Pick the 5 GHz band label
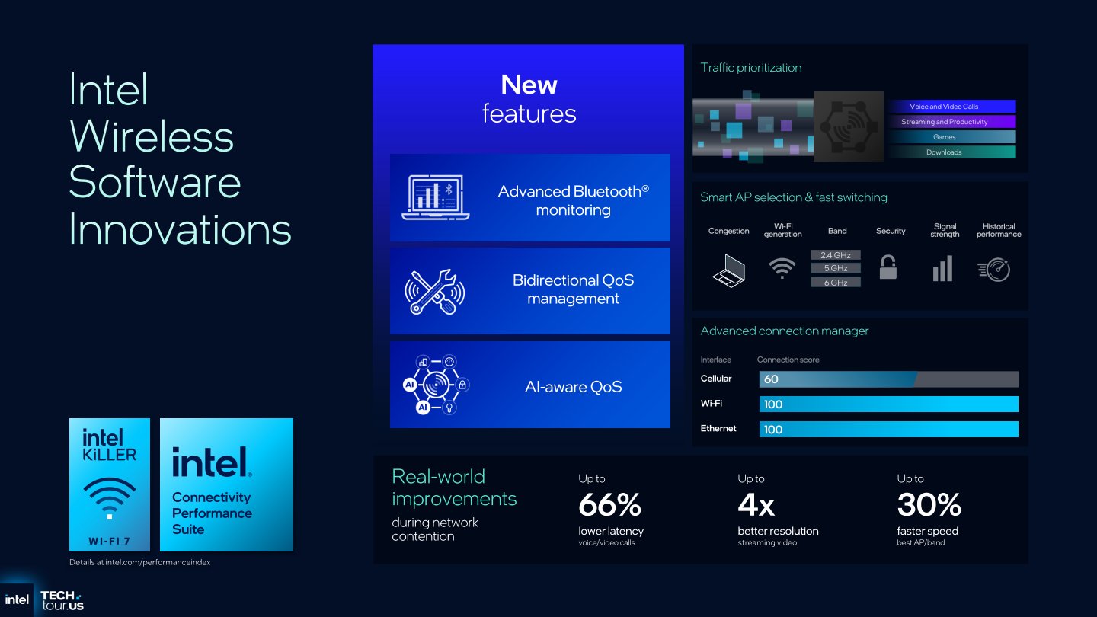click(x=836, y=268)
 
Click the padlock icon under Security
click(x=888, y=267)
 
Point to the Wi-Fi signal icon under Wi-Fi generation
click(x=782, y=268)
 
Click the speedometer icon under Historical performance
click(x=994, y=270)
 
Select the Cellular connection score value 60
click(x=771, y=379)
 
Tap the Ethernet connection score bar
click(x=888, y=429)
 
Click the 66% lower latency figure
click(x=609, y=504)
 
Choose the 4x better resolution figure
click(x=756, y=504)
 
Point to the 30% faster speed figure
click(x=929, y=504)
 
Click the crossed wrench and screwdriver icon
click(x=434, y=291)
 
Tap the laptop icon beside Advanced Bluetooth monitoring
click(x=436, y=197)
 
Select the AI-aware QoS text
click(x=573, y=387)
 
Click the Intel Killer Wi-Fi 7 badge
click(x=110, y=484)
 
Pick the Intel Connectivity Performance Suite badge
click(x=226, y=484)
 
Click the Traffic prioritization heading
click(x=751, y=68)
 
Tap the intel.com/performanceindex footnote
click(x=139, y=562)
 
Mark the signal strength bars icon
click(x=943, y=268)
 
